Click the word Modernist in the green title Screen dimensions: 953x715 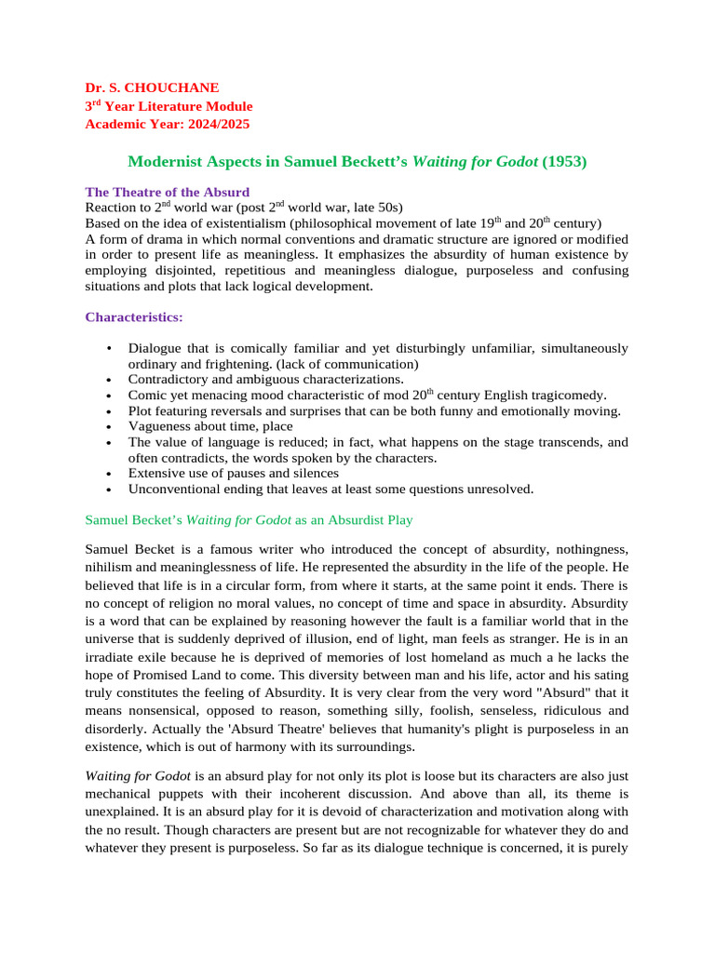(163, 161)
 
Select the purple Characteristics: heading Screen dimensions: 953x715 (134, 316)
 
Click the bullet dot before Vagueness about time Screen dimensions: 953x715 (110, 426)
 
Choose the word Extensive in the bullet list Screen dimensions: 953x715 (155, 473)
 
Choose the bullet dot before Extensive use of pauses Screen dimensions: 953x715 (110, 473)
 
